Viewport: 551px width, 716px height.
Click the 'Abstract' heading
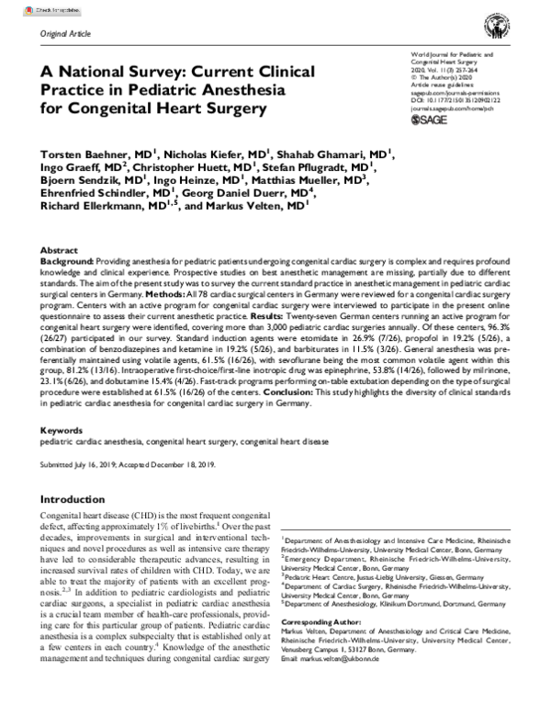pos(60,250)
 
